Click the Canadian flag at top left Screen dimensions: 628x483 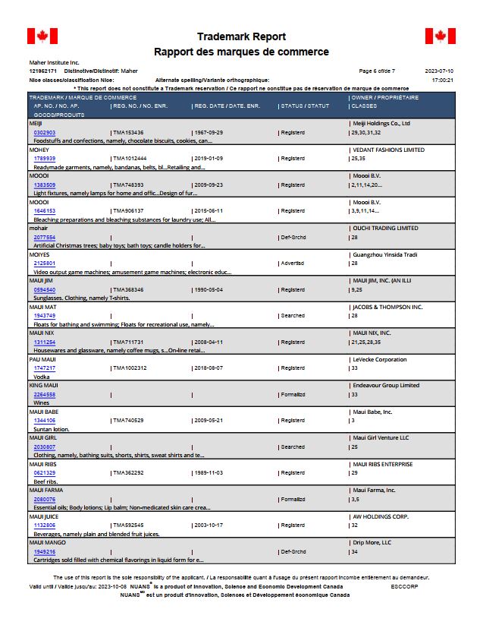(x=42, y=36)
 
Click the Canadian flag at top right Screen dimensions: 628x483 (x=440, y=36)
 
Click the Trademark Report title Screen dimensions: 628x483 (x=241, y=36)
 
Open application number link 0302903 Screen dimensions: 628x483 (x=45, y=132)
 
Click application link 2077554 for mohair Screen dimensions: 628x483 (x=45, y=237)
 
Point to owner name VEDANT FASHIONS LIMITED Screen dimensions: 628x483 (x=388, y=150)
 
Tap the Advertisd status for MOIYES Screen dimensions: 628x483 (x=292, y=264)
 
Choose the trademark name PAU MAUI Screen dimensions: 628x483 (x=42, y=359)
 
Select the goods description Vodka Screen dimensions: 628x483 (x=42, y=377)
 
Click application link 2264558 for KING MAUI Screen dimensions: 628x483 (x=45, y=394)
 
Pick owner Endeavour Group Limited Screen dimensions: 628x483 (x=386, y=385)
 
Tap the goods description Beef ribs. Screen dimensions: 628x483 (x=46, y=481)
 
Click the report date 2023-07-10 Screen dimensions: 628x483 (x=439, y=71)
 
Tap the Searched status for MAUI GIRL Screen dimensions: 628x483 (x=292, y=447)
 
